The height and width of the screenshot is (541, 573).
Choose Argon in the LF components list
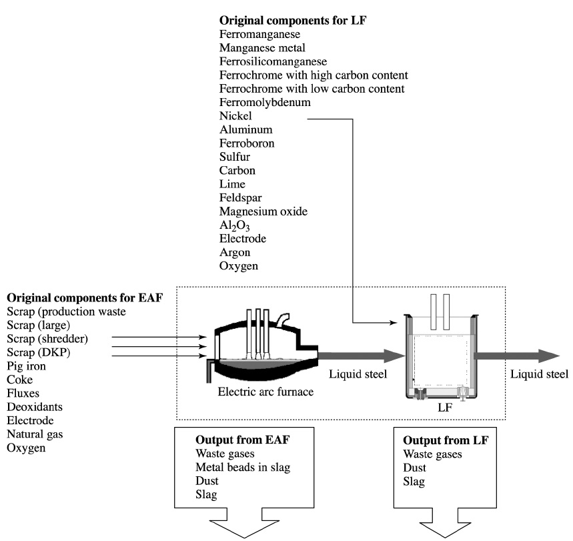pos(233,253)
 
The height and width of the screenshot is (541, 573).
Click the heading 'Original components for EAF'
pos(85,296)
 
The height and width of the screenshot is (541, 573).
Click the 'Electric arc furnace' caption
pos(265,391)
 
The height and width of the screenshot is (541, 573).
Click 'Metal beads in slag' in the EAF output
pos(240,467)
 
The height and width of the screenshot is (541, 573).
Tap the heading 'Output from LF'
pos(443,441)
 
